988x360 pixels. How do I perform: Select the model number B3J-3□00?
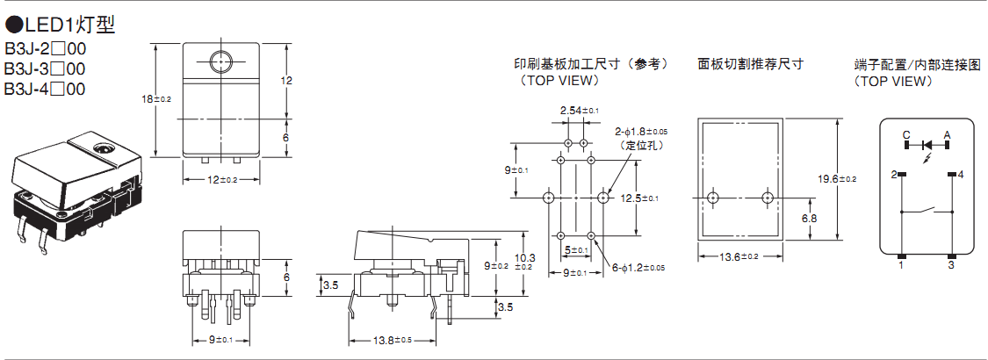pos(45,68)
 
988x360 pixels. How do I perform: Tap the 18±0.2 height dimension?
pos(156,99)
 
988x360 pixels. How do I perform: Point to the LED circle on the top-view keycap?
pos(220,61)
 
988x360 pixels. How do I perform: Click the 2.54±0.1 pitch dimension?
pos(579,111)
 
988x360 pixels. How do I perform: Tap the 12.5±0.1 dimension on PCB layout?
pos(639,198)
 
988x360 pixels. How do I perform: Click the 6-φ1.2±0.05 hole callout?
pos(638,267)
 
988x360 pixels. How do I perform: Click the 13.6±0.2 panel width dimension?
pos(738,256)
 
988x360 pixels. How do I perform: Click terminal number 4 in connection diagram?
pos(961,176)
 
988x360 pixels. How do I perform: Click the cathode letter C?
pos(905,134)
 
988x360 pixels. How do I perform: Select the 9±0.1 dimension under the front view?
pos(220,339)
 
